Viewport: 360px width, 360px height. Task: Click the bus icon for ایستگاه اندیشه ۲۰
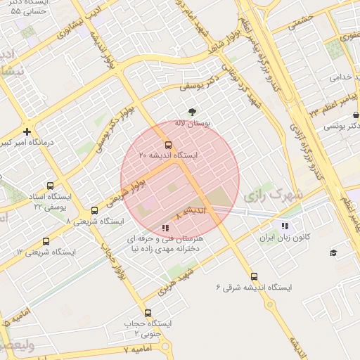(167, 144)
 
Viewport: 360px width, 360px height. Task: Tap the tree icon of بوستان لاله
(192, 112)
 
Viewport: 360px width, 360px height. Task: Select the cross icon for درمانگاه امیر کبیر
(27, 131)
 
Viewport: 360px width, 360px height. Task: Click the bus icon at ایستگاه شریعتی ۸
(95, 211)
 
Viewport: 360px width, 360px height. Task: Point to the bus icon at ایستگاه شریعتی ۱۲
(46, 241)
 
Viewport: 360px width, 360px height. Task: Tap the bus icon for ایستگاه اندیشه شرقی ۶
(254, 277)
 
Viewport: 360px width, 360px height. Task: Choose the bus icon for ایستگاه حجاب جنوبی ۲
(148, 313)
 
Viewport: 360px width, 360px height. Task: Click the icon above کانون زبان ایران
(284, 226)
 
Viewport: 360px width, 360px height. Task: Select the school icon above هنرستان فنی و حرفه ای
(165, 228)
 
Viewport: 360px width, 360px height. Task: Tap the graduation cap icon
(333, 252)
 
